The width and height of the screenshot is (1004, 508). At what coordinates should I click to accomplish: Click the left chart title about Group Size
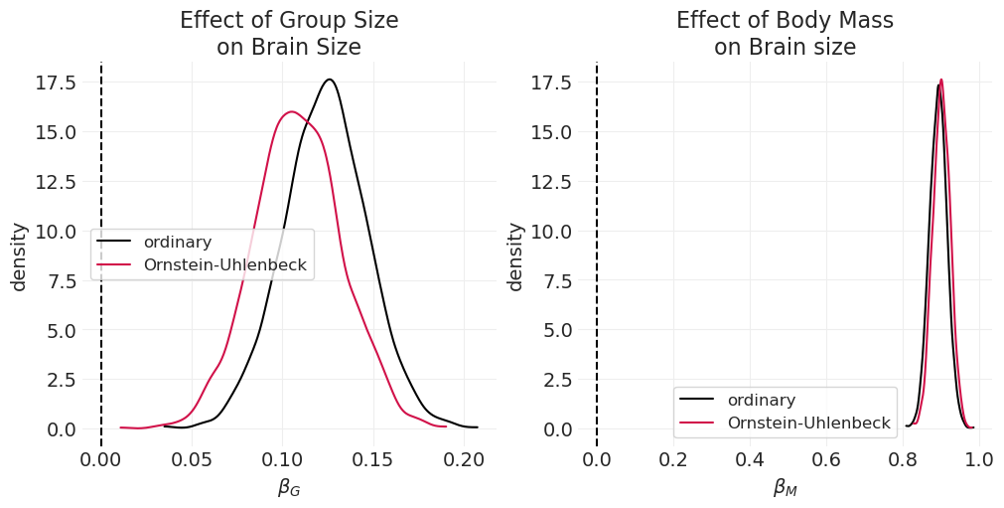click(288, 34)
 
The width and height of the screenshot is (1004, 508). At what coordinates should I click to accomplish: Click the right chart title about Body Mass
click(785, 34)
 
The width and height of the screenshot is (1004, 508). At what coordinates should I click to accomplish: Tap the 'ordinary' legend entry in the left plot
click(177, 242)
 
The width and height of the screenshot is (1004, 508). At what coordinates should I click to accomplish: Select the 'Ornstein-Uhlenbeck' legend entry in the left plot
click(224, 265)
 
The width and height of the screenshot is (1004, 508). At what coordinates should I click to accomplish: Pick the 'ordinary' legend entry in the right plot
click(761, 400)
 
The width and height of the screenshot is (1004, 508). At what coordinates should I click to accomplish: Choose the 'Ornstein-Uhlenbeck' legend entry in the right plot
click(808, 423)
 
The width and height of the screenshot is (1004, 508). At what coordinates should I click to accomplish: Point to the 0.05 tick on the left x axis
click(192, 459)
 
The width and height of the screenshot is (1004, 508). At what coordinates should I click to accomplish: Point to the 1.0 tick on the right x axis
click(979, 459)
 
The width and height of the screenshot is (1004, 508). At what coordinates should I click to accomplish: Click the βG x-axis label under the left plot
click(288, 487)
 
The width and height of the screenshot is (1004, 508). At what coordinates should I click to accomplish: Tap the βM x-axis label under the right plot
click(785, 487)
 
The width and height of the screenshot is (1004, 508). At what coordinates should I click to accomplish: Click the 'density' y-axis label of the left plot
click(20, 256)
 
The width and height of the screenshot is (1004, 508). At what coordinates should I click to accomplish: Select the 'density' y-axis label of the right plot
click(515, 256)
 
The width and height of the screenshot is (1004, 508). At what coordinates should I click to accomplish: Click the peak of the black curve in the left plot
click(330, 80)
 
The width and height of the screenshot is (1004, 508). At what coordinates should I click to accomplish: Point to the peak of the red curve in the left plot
click(291, 111)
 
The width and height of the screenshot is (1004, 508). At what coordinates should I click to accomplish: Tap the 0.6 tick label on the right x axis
click(826, 459)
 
